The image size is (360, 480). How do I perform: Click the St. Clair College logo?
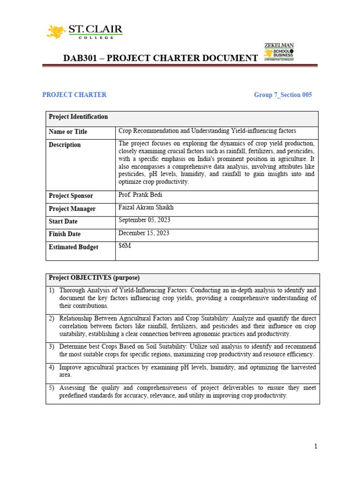[x=84, y=31]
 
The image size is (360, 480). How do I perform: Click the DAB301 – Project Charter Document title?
[x=160, y=58]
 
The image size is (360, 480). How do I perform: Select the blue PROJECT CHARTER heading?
[x=74, y=95]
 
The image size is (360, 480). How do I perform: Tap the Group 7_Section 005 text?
[x=283, y=95]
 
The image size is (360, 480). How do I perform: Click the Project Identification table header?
[x=78, y=117]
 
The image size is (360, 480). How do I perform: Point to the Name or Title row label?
[x=68, y=132]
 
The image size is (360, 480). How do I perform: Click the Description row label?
[x=65, y=145]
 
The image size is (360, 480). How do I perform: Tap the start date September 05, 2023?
[x=145, y=220]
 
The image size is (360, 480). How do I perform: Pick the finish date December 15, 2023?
[x=144, y=233]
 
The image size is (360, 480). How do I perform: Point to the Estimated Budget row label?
[x=73, y=247]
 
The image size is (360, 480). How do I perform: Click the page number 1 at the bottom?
[x=316, y=447]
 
